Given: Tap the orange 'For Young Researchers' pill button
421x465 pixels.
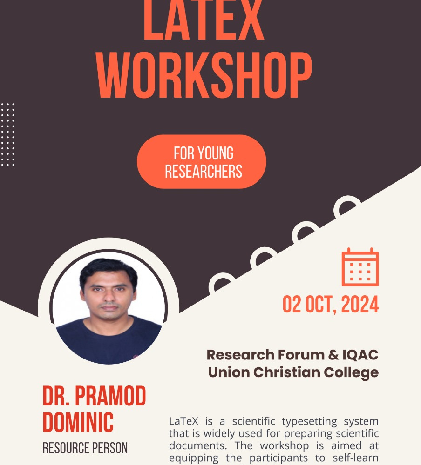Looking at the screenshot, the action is click(x=202, y=162).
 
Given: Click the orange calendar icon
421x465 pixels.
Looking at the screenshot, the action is click(x=360, y=267).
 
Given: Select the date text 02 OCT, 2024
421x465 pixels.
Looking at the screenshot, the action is click(x=330, y=304).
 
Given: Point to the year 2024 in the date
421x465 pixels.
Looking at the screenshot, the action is click(x=360, y=304).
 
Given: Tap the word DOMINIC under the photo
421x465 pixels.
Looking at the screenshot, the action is click(x=78, y=422).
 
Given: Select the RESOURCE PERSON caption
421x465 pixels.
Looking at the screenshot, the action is click(x=85, y=448).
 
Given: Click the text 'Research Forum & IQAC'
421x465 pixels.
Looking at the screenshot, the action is click(x=292, y=355).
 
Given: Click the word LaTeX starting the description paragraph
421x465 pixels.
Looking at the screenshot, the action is click(x=183, y=421).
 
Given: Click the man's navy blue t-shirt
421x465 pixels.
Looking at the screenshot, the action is click(x=109, y=341).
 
